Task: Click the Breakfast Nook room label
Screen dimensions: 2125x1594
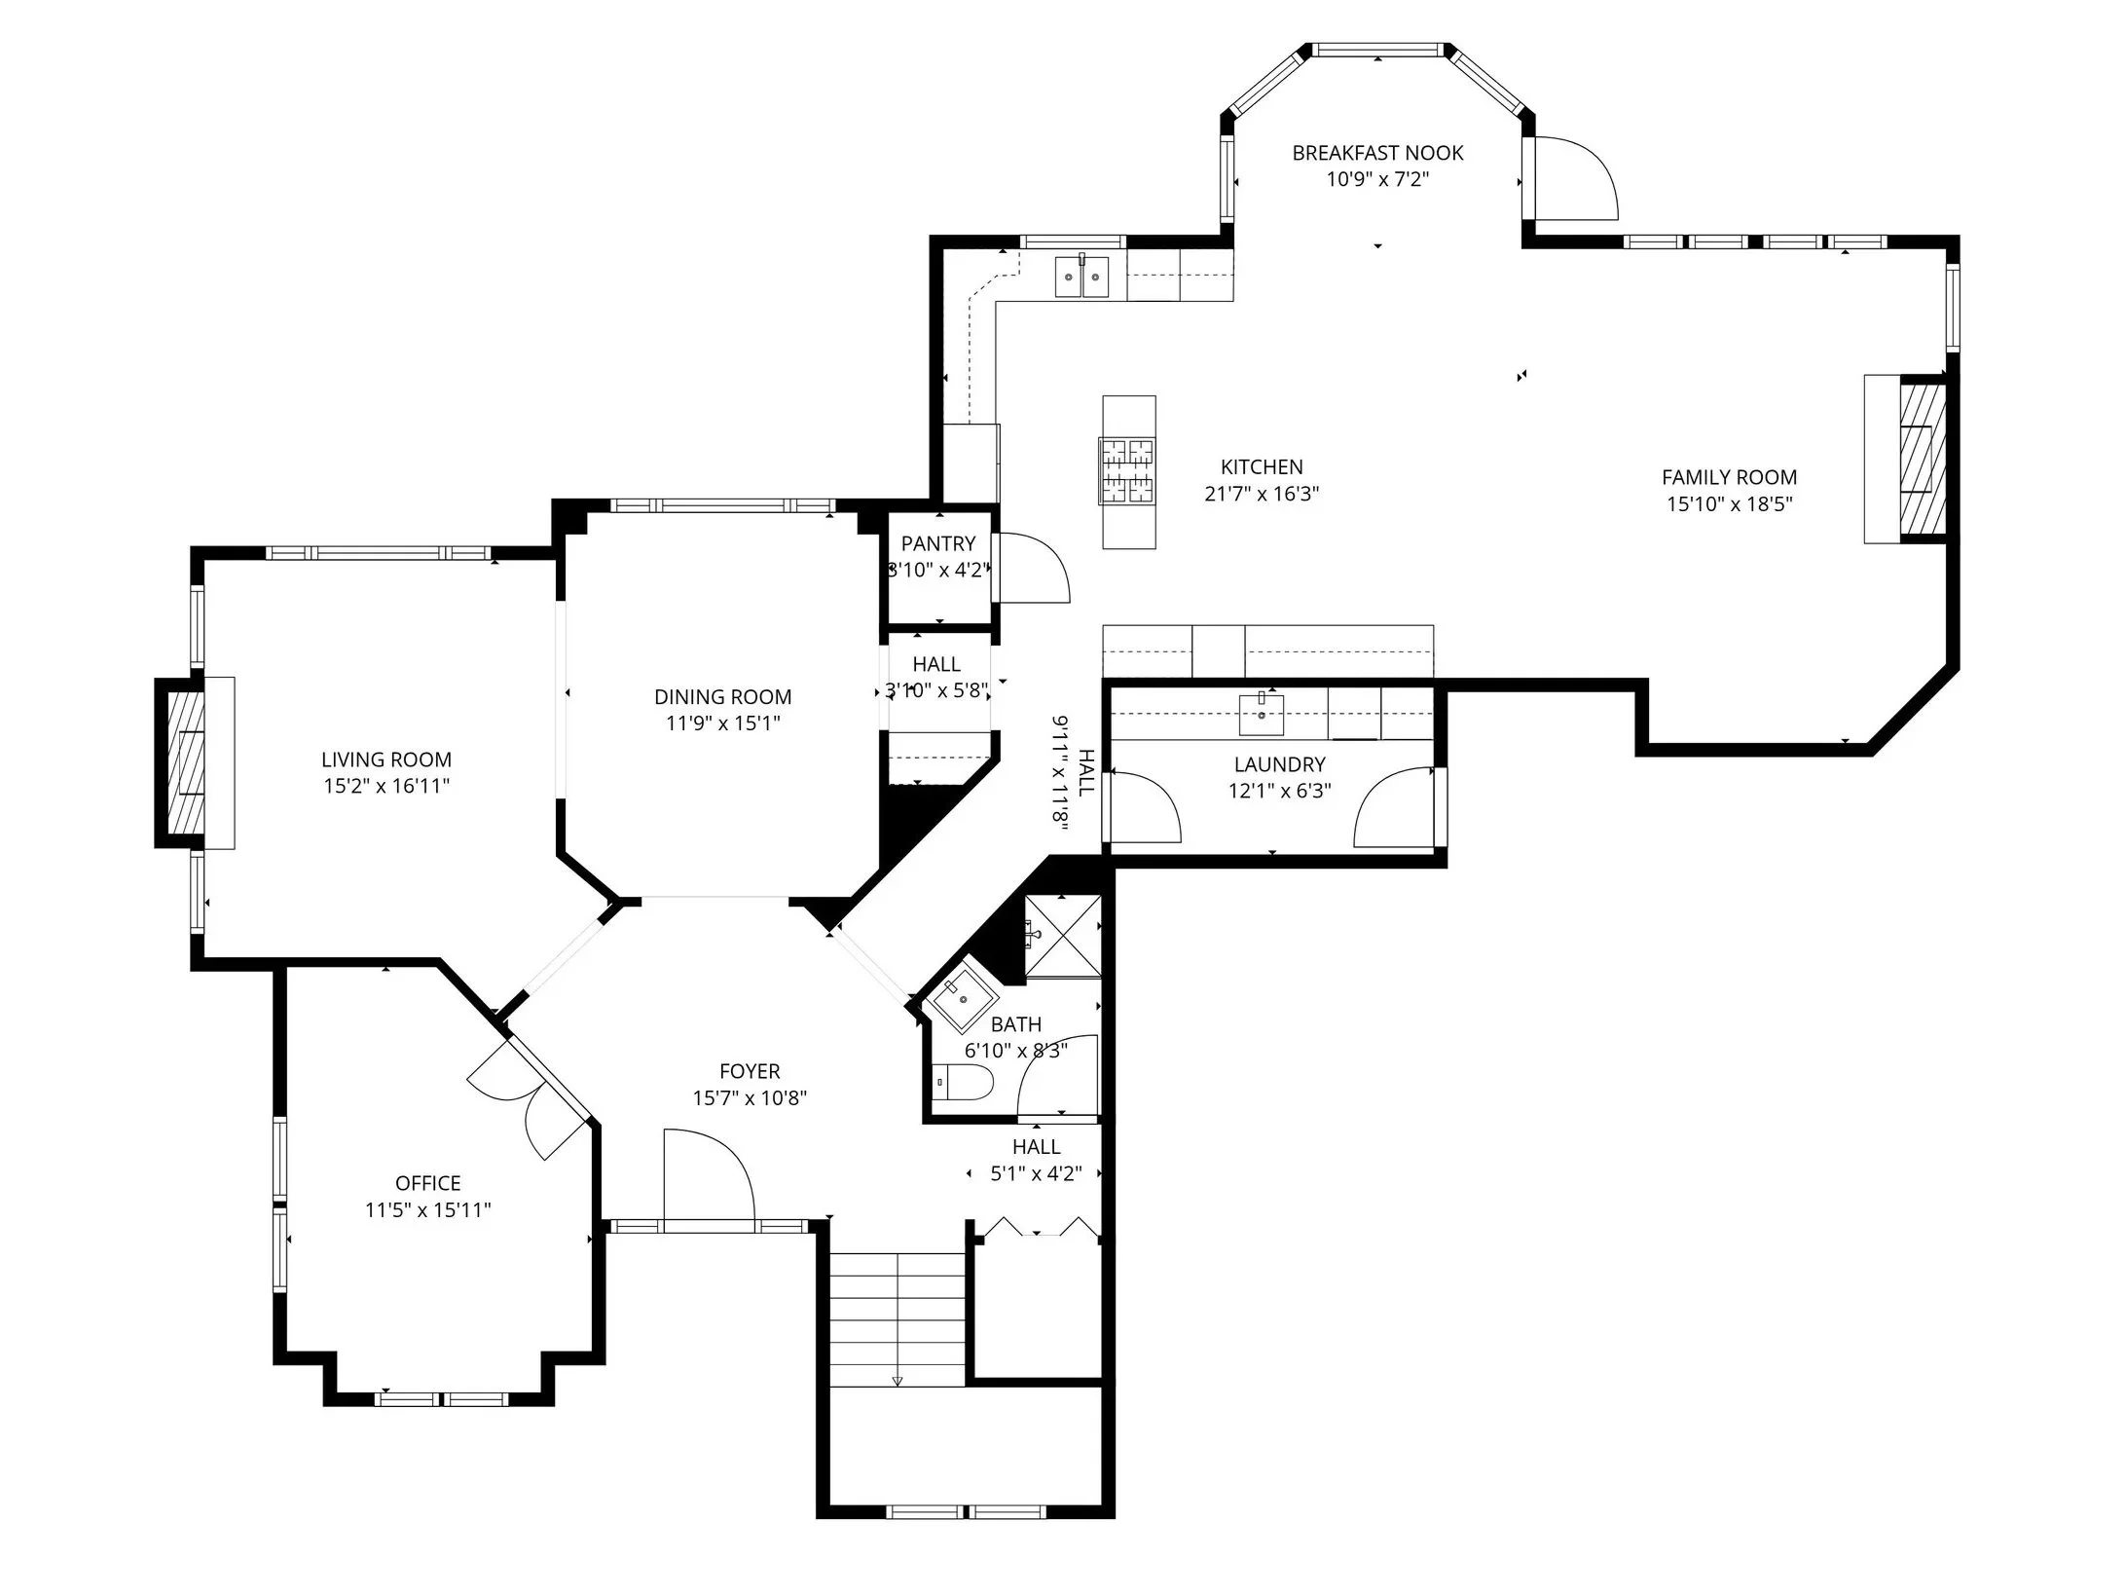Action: pyautogui.click(x=1377, y=153)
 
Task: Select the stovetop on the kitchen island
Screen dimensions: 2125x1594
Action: pyautogui.click(x=1127, y=471)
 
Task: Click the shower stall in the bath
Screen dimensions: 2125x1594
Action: pyautogui.click(x=1062, y=936)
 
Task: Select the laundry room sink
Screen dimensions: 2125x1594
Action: pyautogui.click(x=1261, y=715)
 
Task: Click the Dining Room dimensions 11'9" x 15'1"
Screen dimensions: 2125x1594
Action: pyautogui.click(x=722, y=723)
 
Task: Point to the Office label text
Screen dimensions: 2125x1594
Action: pyautogui.click(x=427, y=1183)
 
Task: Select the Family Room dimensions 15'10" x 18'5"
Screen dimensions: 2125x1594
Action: pyautogui.click(x=1729, y=503)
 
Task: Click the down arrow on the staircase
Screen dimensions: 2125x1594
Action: pyautogui.click(x=898, y=1379)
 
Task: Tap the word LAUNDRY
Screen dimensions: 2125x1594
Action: pyautogui.click(x=1279, y=764)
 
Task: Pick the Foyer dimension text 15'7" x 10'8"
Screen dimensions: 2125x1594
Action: pyautogui.click(x=750, y=1098)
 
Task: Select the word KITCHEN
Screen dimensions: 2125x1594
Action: pyautogui.click(x=1262, y=467)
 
